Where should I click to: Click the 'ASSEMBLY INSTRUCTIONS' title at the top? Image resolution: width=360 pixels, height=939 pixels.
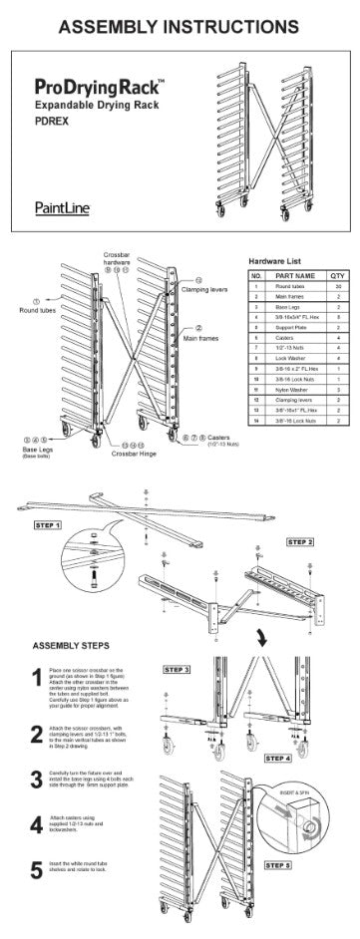point(179,22)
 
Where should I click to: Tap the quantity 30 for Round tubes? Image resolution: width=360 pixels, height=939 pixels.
point(338,285)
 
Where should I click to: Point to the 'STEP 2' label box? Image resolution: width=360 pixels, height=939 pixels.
point(299,541)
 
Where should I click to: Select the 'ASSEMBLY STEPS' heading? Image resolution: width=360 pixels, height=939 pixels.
point(78,643)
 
